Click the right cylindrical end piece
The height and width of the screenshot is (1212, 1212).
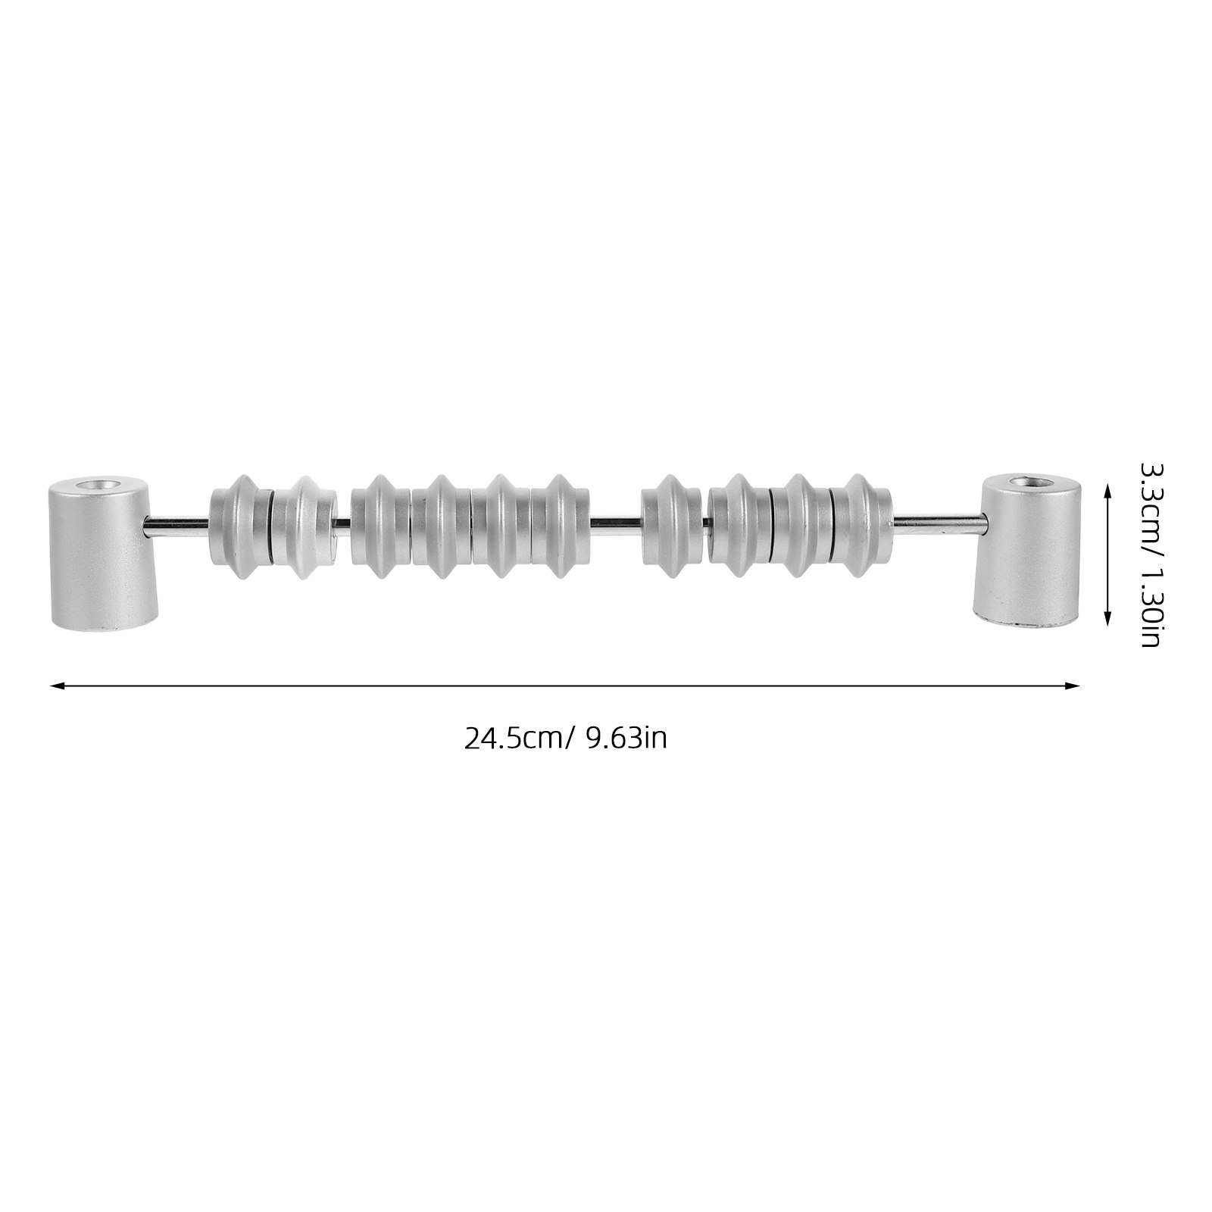[x=1026, y=549]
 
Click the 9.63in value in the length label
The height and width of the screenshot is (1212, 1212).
[x=626, y=738]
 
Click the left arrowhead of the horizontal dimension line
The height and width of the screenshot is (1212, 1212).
[x=55, y=686]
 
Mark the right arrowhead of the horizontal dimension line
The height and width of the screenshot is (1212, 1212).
[x=1073, y=686]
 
